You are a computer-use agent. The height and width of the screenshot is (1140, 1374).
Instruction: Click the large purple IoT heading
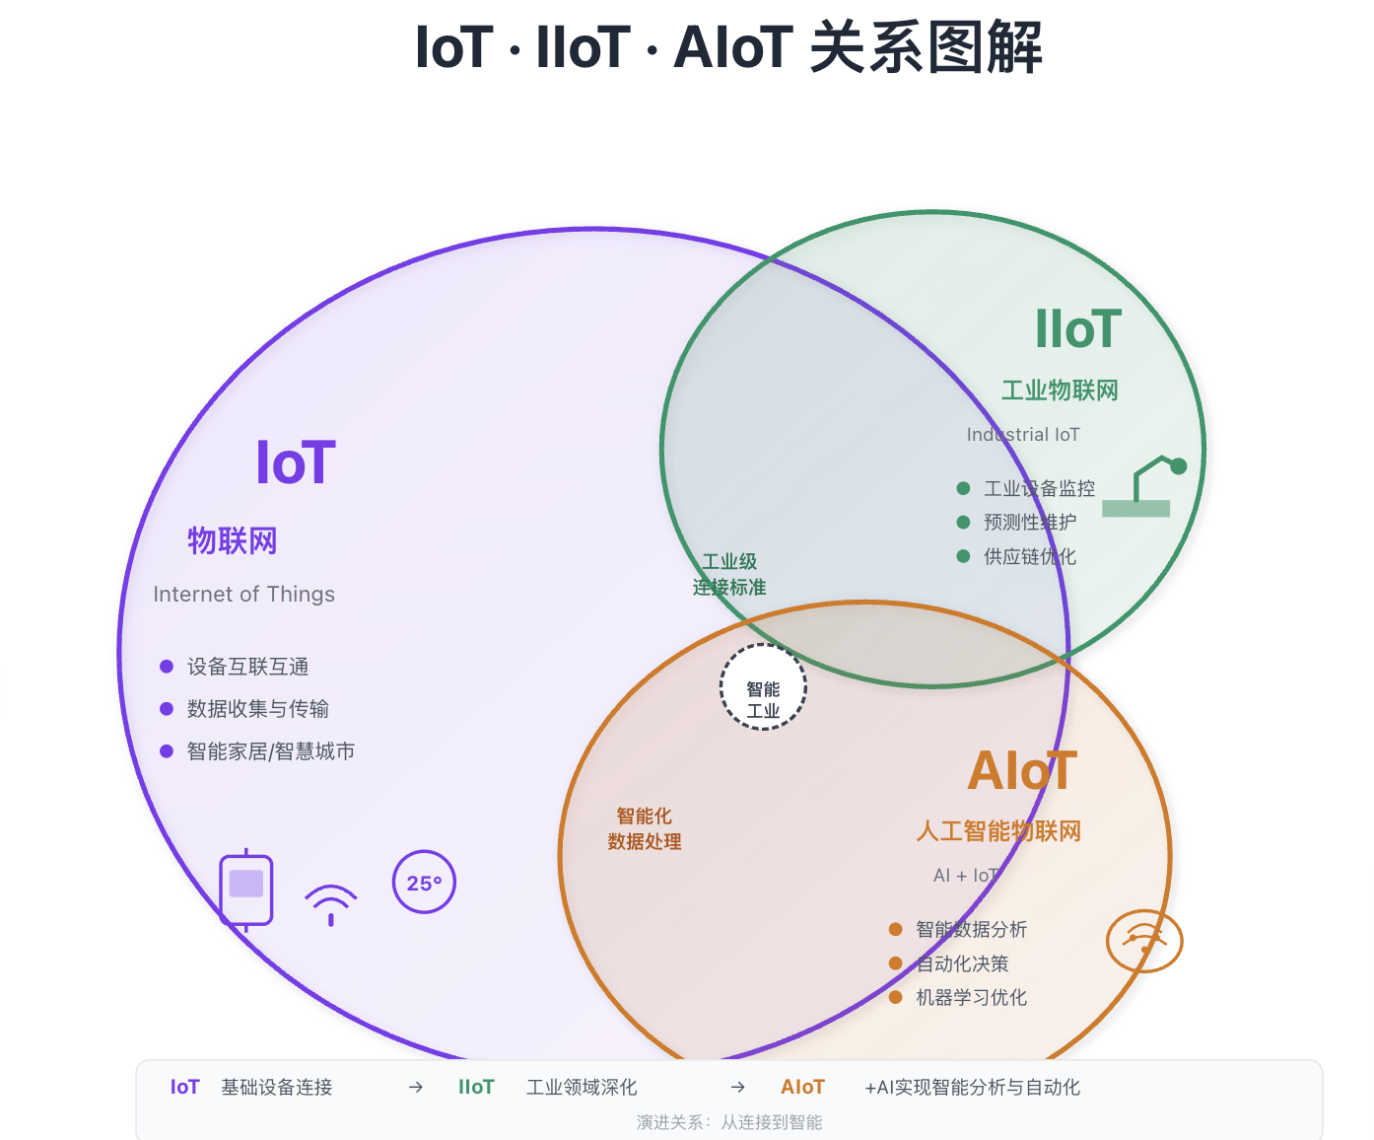pos(296,463)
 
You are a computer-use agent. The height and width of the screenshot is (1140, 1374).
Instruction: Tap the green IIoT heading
pos(1078,329)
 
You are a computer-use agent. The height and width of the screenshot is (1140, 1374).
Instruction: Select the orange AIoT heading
pos(1022,771)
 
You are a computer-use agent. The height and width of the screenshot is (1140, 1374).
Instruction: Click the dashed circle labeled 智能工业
pos(763,687)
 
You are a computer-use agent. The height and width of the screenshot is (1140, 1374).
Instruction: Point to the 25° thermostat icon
pos(424,882)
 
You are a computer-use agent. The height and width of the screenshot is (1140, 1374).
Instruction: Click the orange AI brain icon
pos(1143,940)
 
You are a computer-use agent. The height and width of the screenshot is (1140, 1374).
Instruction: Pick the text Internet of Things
pos(243,594)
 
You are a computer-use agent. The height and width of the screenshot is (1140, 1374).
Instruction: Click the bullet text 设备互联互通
pos(247,667)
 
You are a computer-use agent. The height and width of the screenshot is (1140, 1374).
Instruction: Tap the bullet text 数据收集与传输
pos(257,709)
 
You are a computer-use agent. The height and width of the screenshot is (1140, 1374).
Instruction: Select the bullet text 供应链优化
pos(1029,556)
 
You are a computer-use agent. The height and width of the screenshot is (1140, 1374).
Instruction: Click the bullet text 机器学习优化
pos(971,998)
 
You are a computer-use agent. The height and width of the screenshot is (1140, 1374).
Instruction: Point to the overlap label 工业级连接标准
pos(729,574)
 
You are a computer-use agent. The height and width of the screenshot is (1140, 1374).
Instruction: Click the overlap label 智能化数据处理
pos(645,828)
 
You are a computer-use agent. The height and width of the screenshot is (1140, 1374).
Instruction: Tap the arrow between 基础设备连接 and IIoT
pos(416,1087)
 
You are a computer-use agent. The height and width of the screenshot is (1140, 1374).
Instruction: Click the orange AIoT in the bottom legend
pos(802,1087)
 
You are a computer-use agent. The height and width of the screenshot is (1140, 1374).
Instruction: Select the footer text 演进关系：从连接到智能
pos(729,1122)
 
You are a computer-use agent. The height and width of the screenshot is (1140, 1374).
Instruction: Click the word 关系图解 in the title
pos(926,47)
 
